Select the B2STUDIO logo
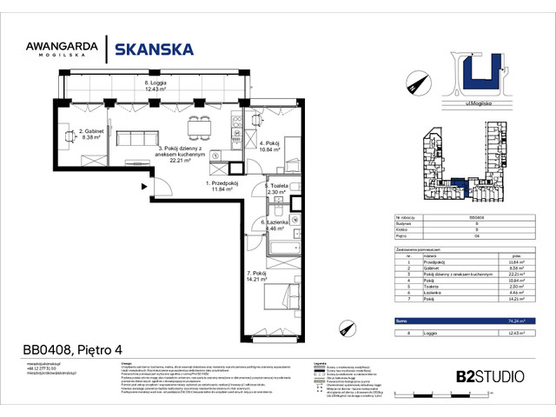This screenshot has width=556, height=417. pyautogui.click(x=488, y=376)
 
